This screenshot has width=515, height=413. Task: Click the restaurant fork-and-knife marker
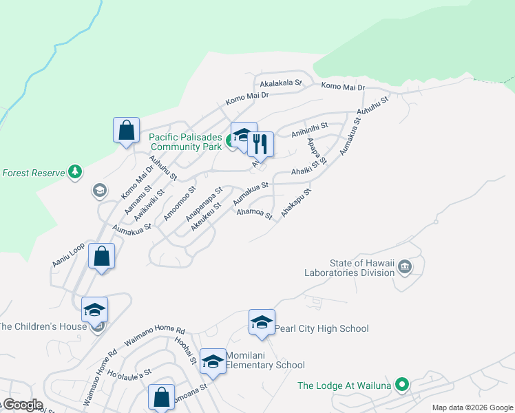click(260, 144)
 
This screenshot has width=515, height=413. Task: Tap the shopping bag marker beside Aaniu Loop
click(101, 257)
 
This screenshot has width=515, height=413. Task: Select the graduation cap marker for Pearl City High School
click(262, 322)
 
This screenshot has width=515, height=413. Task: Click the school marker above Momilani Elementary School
click(213, 361)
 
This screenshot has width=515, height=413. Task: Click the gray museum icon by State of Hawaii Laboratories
click(404, 266)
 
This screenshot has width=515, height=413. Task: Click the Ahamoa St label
click(255, 215)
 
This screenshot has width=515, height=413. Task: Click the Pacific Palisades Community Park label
click(186, 142)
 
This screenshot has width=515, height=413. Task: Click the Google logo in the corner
click(22, 405)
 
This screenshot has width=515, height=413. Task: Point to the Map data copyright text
click(472, 407)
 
